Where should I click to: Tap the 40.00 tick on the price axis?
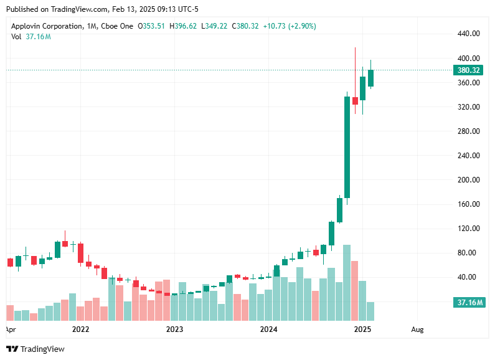tap(471, 277)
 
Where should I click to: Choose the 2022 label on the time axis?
tap(80, 329)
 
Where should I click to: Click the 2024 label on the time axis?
tap(268, 329)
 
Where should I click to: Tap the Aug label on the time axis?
tap(418, 329)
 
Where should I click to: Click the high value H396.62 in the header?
tap(185, 26)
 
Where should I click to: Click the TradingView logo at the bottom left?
tap(35, 349)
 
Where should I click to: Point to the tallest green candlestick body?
tap(347, 147)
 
